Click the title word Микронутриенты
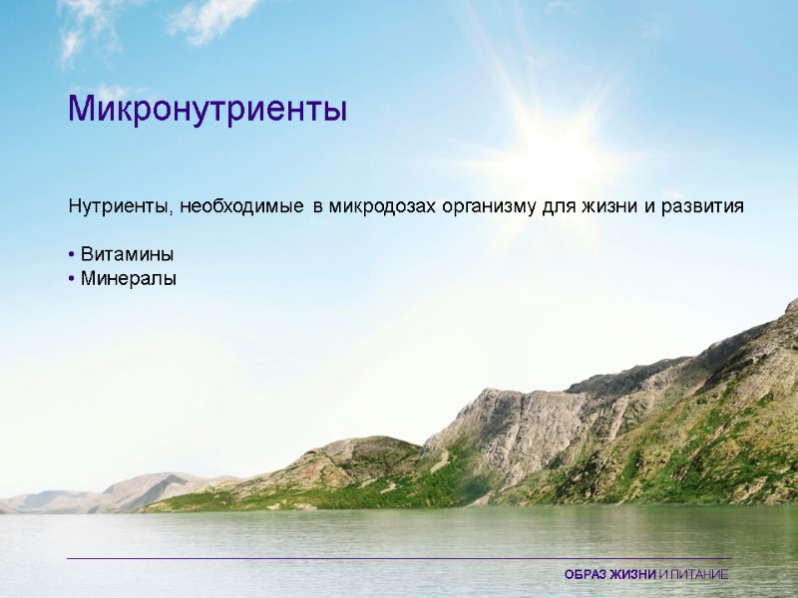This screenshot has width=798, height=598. click(207, 109)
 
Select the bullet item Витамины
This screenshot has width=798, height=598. click(127, 255)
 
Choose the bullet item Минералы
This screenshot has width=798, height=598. click(129, 279)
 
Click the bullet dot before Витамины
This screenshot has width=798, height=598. click(72, 256)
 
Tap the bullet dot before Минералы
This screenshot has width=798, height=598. click(72, 280)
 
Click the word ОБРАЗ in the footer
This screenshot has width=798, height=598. click(586, 575)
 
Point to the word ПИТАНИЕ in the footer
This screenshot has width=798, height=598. click(697, 575)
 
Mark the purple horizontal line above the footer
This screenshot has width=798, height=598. click(399, 559)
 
